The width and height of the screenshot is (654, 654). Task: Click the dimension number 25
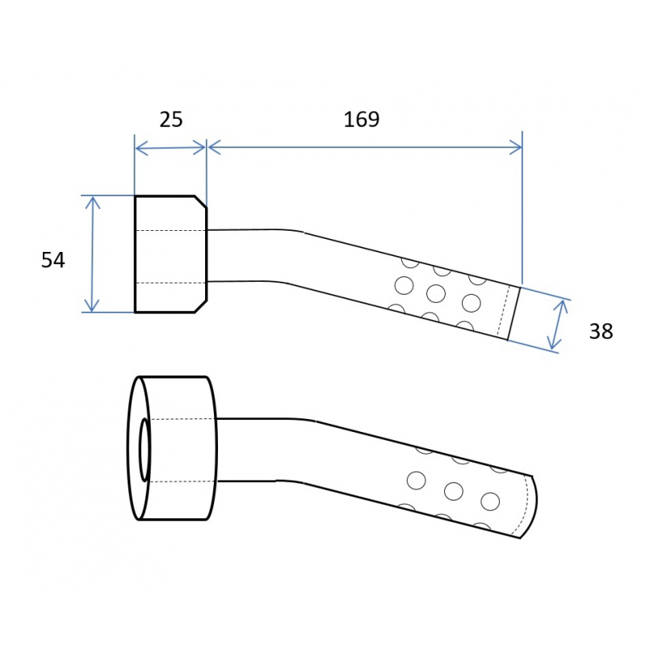point(171,119)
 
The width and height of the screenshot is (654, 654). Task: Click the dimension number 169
point(361,119)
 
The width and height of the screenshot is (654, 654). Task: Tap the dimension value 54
point(53,260)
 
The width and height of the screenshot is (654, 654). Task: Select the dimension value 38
point(601,332)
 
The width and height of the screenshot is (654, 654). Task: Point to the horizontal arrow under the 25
point(170,148)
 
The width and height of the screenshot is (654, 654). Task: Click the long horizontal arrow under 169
point(365,147)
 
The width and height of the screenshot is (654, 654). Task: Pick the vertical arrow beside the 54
point(92,254)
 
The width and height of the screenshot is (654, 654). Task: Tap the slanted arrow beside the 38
point(558,325)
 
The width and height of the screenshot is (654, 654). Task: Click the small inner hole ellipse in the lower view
point(145,450)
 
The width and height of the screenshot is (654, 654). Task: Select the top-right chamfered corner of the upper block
point(200,202)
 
